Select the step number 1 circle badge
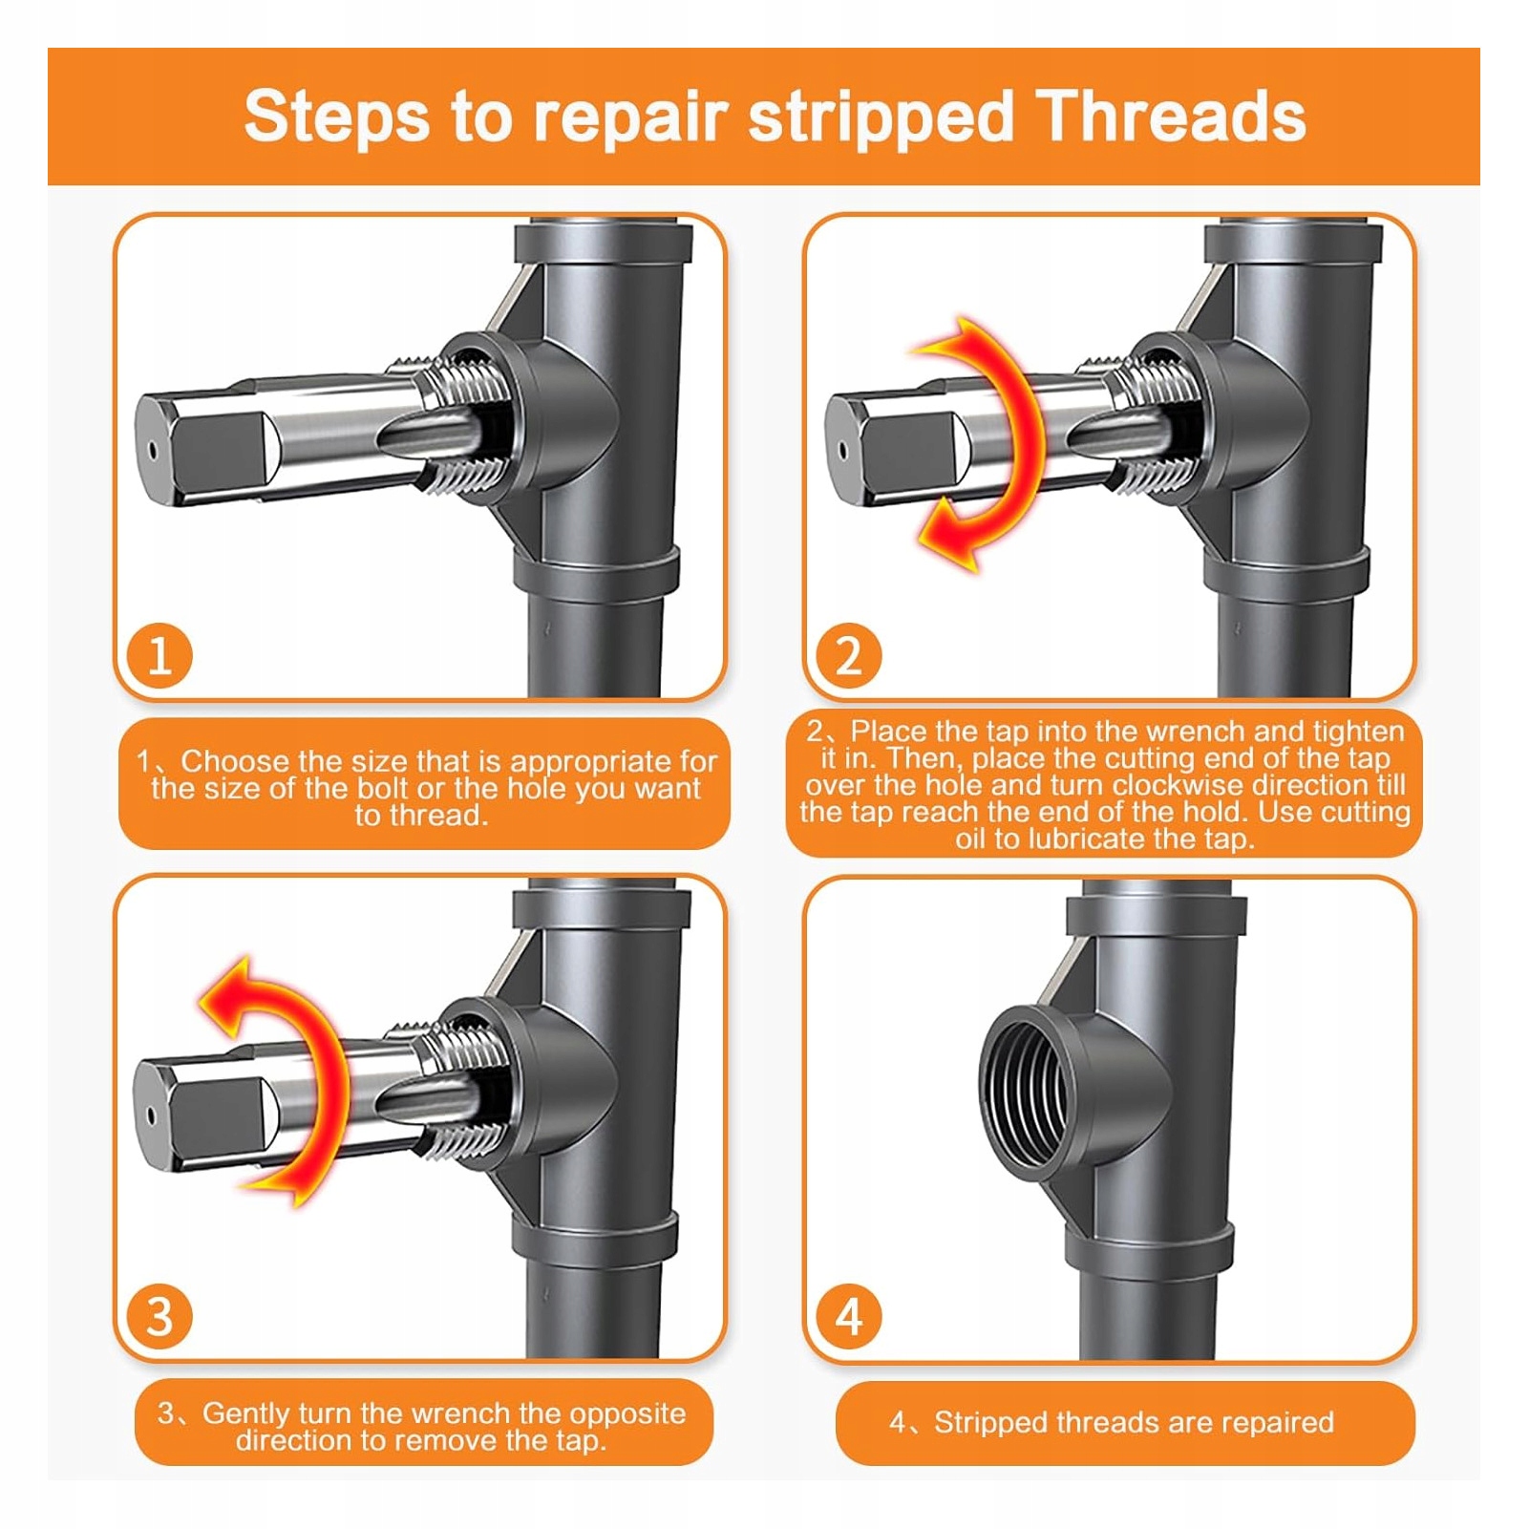click(159, 656)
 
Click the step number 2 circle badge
click(848, 656)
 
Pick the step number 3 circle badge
click(159, 1317)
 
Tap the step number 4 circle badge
click(848, 1317)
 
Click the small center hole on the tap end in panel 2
click(841, 449)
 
